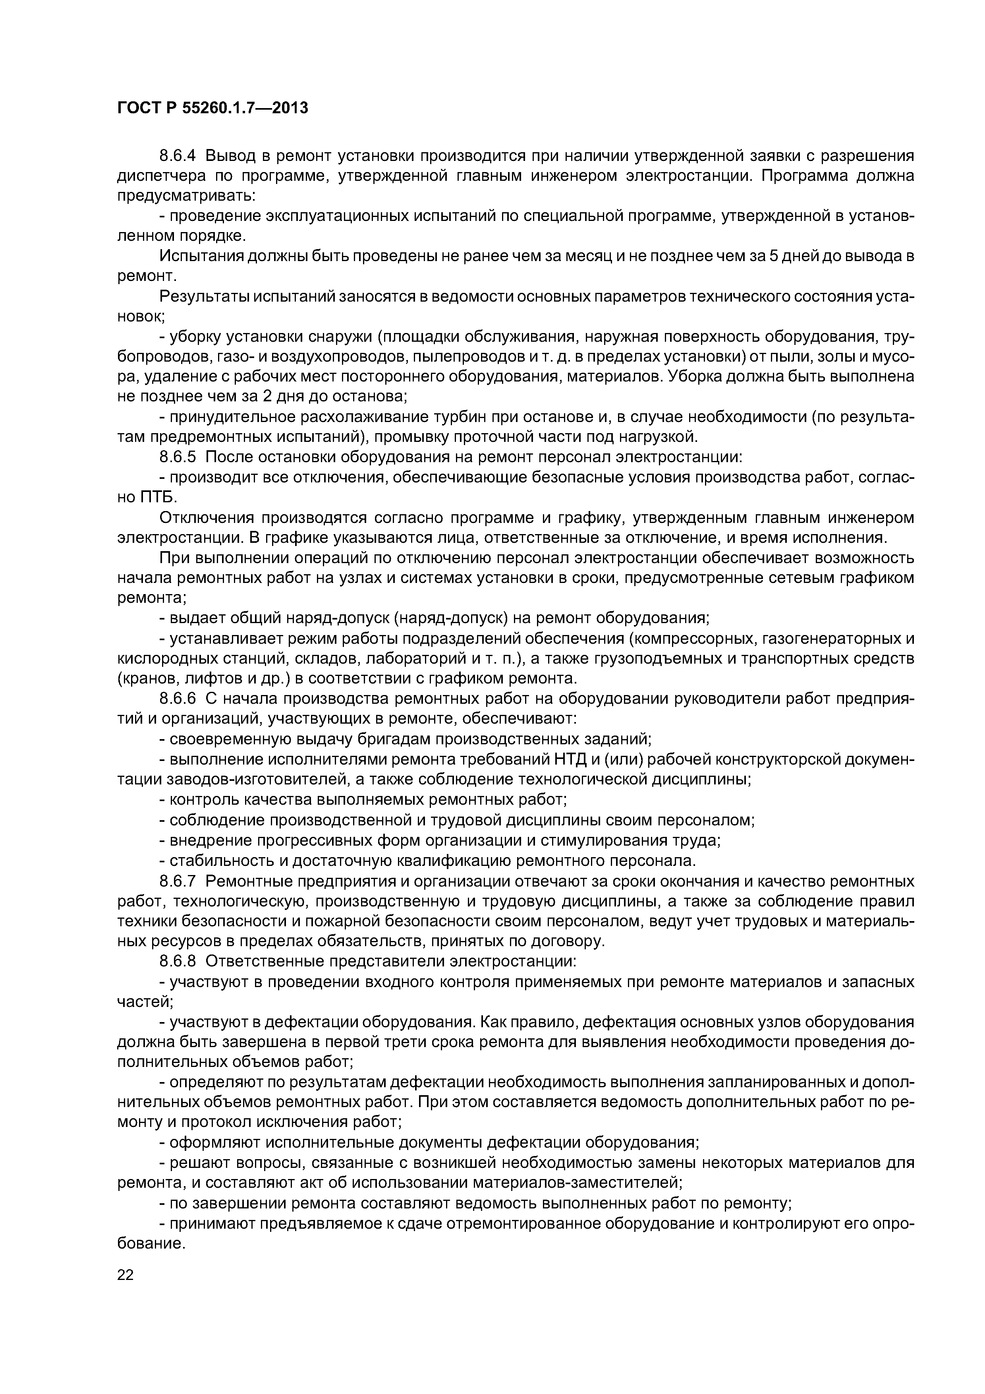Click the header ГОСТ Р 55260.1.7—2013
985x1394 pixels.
212,108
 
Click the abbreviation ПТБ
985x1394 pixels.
155,497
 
